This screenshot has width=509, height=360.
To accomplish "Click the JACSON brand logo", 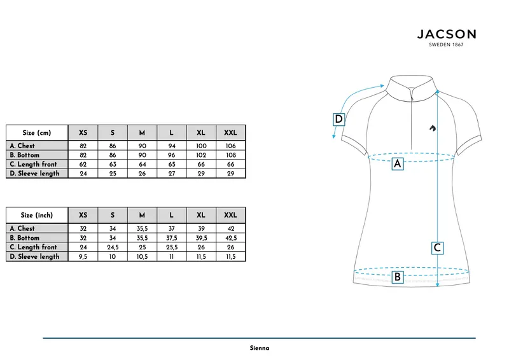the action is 447,38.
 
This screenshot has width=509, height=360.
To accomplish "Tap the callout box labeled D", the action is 338,119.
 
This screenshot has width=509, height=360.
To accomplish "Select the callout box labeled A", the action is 398,164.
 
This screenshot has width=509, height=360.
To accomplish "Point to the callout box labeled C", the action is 437,248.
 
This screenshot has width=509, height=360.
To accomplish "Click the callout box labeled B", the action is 397,277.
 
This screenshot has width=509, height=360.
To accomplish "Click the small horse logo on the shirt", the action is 433,128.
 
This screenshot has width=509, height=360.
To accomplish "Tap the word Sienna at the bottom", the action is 260,348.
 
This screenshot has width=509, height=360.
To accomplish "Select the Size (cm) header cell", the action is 37,133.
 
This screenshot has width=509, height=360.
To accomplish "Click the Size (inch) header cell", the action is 37,215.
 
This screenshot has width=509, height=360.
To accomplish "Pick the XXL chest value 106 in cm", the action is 231,146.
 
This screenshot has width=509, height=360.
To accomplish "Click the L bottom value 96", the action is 172,155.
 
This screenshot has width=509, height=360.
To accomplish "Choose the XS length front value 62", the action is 83,164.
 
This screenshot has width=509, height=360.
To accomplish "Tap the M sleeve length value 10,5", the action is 142,256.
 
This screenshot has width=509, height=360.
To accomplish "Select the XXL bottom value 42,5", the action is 231,238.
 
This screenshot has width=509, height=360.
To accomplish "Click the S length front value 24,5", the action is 113,247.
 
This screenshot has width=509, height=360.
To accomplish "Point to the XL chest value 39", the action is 201,228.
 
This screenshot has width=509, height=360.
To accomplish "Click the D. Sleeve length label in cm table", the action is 35,174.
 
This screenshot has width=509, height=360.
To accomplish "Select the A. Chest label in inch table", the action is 22,228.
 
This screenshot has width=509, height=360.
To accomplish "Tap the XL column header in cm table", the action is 201,133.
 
